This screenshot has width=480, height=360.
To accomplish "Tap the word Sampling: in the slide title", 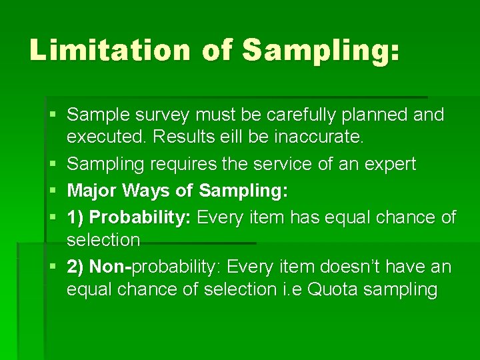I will [x=321, y=51].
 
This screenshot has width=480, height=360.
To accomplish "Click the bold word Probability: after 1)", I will [x=141, y=217].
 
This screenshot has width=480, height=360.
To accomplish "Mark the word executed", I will [x=107, y=137].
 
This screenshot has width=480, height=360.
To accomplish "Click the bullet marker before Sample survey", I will [x=53, y=115].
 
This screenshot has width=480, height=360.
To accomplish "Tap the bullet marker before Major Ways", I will [x=53, y=191].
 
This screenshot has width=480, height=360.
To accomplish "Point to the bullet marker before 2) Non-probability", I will [x=53, y=267].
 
